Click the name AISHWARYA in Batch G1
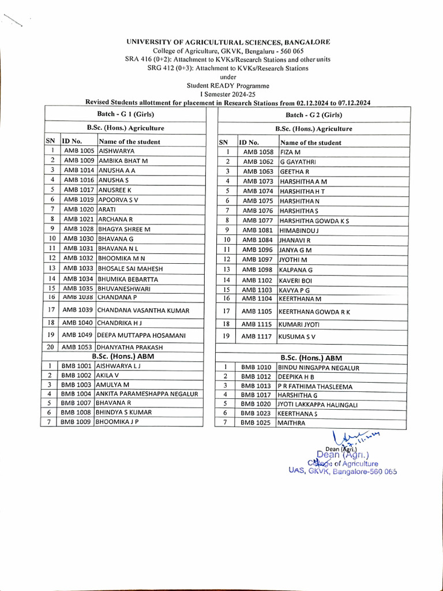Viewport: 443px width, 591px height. click(117, 151)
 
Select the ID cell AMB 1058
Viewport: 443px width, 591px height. click(258, 152)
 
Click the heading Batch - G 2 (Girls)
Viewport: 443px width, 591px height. click(313, 115)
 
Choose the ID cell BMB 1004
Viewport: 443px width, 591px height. click(77, 394)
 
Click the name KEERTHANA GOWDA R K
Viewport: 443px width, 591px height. click(314, 312)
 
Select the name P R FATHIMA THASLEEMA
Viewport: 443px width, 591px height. click(316, 386)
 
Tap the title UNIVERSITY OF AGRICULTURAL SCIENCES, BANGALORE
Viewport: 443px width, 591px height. click(228, 42)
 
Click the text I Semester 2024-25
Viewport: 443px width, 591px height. click(228, 93)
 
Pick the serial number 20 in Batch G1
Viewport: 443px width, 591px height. click(50, 347)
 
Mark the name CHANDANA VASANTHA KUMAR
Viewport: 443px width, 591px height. click(144, 310)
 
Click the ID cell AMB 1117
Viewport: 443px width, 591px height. click(257, 336)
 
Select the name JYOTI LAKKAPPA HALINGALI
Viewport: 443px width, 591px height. click(318, 405)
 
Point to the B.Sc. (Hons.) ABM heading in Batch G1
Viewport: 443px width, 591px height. click(123, 356)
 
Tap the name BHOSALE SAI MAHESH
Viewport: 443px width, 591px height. click(130, 268)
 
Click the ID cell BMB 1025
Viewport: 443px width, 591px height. click(256, 423)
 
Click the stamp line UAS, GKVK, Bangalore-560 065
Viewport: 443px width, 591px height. click(343, 471)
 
